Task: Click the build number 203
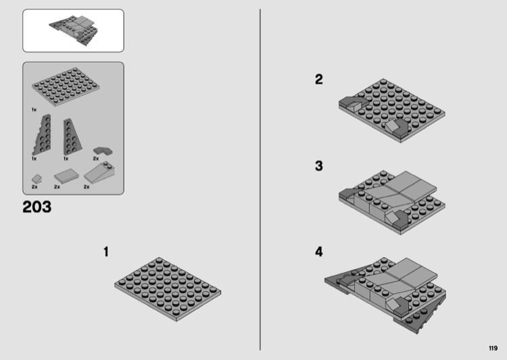[x=37, y=207]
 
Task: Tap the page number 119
[x=493, y=348]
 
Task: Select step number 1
[x=105, y=252]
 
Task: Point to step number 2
[x=319, y=80]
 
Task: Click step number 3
[x=319, y=165]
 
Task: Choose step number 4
[x=319, y=252]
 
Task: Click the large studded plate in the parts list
[x=66, y=86]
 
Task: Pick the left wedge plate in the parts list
[x=42, y=134]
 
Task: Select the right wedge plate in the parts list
[x=72, y=136]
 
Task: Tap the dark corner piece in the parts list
[x=103, y=151]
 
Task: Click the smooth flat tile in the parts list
[x=67, y=176]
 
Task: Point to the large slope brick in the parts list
[x=99, y=173]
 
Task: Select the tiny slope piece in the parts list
[x=37, y=179]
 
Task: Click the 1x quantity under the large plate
[x=34, y=110]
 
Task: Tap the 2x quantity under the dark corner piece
[x=96, y=159]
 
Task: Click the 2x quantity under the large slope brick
[x=87, y=187]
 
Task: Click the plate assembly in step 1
[x=168, y=289]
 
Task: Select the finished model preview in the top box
[x=74, y=30]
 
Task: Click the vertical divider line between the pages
[x=260, y=180]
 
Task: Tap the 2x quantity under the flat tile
[x=57, y=187]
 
